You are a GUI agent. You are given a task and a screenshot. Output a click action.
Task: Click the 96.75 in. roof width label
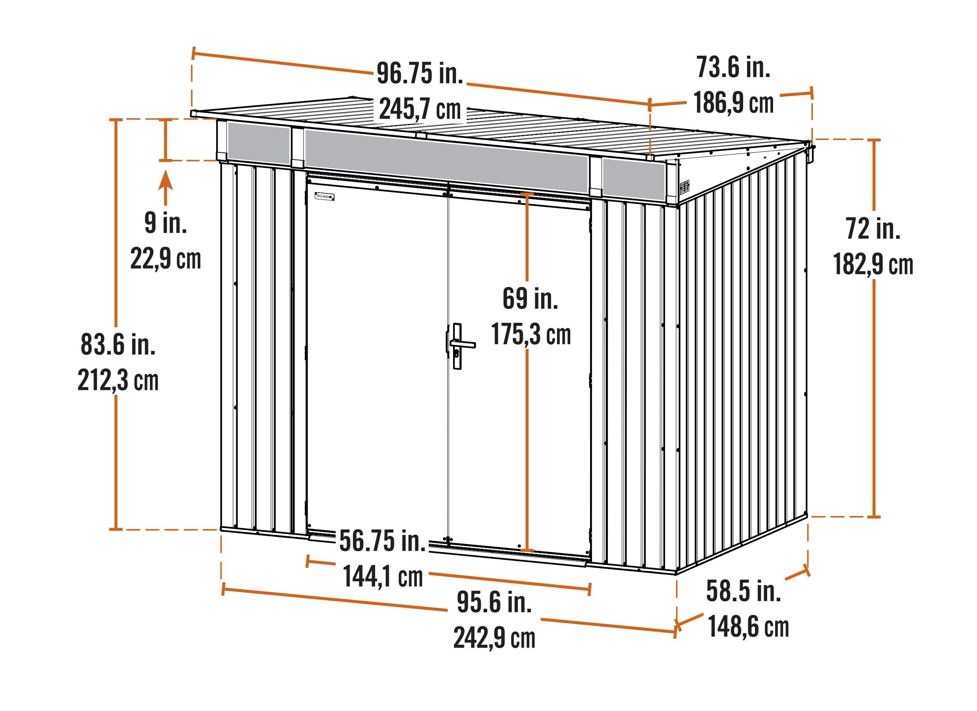coord(420,73)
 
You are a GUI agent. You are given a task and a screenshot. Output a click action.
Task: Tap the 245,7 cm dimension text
coord(420,109)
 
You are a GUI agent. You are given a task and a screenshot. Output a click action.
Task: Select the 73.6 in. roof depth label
coord(733,67)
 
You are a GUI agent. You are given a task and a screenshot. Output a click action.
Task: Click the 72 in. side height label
coord(873,229)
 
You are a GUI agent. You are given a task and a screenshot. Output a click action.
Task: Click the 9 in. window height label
coord(165,223)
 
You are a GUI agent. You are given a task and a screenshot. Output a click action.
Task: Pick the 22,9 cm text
coord(165,259)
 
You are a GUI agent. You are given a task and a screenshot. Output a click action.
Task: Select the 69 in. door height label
coord(530,298)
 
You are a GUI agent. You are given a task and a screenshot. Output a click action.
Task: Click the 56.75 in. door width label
coord(383,541)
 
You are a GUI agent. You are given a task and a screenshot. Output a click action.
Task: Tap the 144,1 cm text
coord(383,576)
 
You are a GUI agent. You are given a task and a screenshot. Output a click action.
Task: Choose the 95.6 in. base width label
coord(494,602)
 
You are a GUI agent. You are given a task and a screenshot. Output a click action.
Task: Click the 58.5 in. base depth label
coord(743,591)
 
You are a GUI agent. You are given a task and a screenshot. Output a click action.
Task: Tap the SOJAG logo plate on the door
coord(324,197)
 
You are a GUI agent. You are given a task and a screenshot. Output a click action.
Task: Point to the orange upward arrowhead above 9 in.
coord(165,180)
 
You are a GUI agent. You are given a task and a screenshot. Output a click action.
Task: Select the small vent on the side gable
coord(684,187)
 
